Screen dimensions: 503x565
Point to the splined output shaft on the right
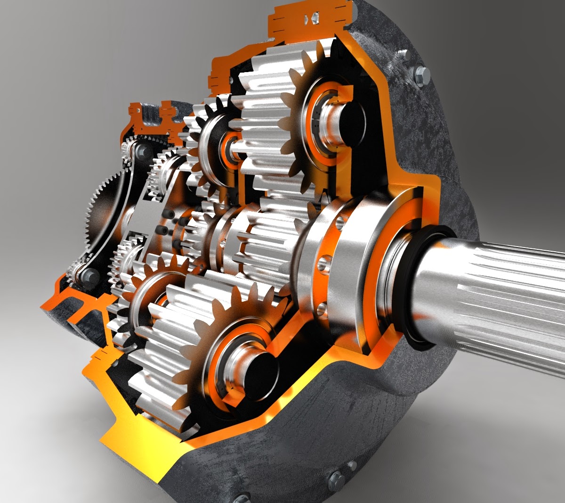[499, 292]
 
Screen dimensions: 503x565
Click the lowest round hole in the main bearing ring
[322, 309]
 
